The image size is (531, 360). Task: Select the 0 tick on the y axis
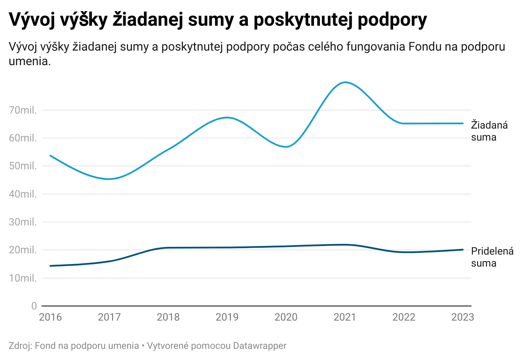[x=33, y=306]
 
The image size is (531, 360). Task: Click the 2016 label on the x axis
[x=51, y=317]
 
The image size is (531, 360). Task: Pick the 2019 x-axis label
[x=227, y=317]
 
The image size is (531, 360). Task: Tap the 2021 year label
[x=345, y=317]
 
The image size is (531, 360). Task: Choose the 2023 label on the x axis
[x=462, y=317]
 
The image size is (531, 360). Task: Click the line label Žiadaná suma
[x=489, y=131]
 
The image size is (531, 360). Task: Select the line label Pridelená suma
[x=492, y=257]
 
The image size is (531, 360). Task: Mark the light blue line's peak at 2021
[x=345, y=82]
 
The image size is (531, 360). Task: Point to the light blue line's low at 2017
[x=109, y=179]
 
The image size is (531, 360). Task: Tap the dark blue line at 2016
[x=51, y=266]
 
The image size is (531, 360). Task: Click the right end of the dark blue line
[x=462, y=249]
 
